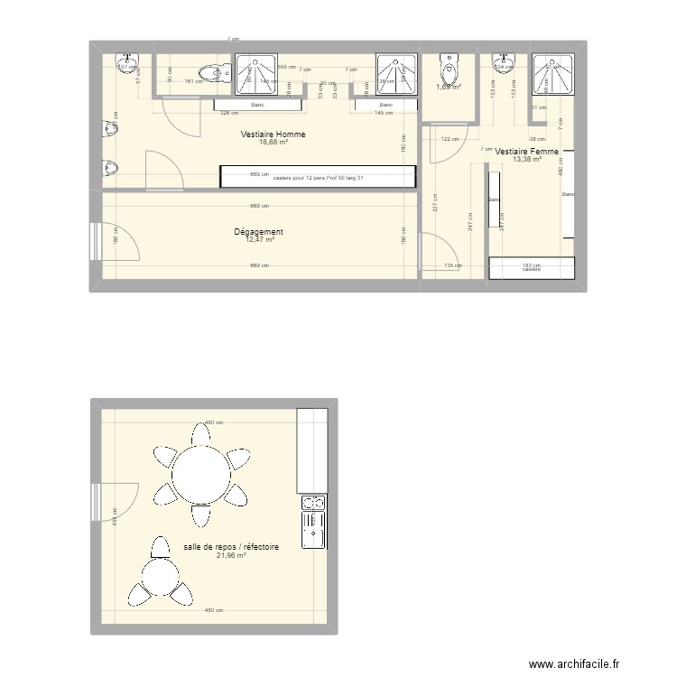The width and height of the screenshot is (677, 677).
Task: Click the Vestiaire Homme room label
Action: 273,134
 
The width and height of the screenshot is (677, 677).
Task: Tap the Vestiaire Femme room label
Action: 526,152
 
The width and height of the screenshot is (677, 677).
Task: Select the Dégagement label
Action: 258,232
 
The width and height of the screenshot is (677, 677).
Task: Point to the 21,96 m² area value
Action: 230,556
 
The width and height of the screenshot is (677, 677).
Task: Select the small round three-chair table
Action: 161,575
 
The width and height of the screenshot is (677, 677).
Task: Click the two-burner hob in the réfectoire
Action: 313,503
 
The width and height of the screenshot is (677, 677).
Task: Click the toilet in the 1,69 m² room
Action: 448,69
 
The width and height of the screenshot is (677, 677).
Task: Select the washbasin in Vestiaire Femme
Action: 501,63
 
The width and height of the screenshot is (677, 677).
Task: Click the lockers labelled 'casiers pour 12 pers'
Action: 318,177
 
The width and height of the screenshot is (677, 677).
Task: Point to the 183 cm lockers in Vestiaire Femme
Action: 531,268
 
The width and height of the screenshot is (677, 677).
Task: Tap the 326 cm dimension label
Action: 229,113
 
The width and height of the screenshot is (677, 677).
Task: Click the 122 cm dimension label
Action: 450,138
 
